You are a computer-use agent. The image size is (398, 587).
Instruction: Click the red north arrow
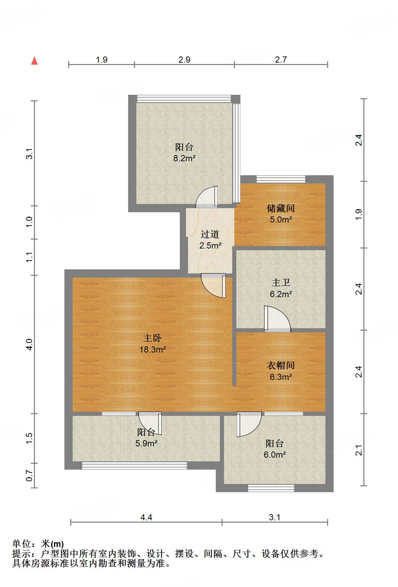pos(34,61)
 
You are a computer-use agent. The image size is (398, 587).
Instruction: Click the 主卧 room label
pos(152,338)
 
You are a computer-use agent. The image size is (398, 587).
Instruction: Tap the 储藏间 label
pos(281,208)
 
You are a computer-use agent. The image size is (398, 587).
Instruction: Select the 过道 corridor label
pos(210,234)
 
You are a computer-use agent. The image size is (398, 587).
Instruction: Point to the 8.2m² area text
pos(184,158)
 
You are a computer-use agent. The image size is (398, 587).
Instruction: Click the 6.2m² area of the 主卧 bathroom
pos(281,294)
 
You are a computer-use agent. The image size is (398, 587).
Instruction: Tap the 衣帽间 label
pos(281,365)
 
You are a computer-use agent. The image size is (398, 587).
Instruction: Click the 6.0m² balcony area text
pos(275,455)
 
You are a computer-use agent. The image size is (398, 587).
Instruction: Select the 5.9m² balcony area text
pos(146,444)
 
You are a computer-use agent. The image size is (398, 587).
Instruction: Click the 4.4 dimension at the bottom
pos(146,517)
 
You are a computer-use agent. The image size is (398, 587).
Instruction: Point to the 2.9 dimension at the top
pos(184,60)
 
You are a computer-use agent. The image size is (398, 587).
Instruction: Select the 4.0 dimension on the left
pos(29,344)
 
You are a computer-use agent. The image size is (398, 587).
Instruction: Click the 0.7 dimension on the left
pos(29,475)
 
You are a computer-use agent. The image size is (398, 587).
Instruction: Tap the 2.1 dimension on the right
pos(359,450)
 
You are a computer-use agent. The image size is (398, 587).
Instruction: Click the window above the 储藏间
pos(281,179)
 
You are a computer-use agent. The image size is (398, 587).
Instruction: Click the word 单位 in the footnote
pos(22,544)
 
